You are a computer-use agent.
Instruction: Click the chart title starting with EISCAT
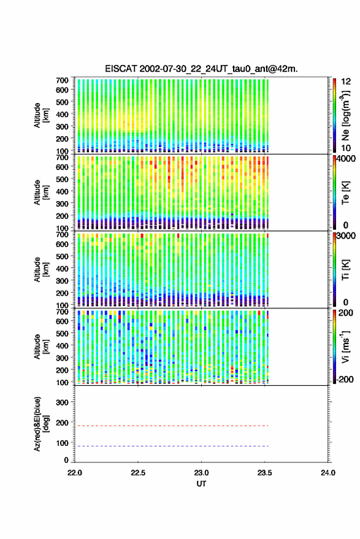[x=201, y=69]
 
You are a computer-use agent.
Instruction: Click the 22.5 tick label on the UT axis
[x=138, y=473]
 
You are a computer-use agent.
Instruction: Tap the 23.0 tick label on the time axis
[x=201, y=473]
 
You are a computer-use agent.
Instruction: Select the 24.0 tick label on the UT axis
[x=327, y=473]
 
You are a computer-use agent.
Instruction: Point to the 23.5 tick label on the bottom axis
[x=264, y=473]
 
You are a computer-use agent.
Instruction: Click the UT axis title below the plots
[x=201, y=484]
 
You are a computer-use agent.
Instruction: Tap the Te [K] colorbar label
[x=345, y=193]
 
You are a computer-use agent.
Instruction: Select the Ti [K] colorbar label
[x=345, y=270]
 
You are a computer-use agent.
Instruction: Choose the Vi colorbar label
[x=345, y=346]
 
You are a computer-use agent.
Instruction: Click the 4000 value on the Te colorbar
[x=347, y=159]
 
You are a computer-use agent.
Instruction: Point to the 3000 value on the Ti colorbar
[x=347, y=236]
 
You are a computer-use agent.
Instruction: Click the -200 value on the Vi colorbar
[x=345, y=379]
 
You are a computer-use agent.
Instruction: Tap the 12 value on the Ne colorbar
[x=347, y=82]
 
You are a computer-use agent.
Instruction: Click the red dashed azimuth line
[x=172, y=426]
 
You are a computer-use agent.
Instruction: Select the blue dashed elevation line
[x=172, y=446]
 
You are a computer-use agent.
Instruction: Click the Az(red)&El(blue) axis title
[x=41, y=424]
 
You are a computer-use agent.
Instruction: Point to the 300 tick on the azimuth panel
[x=62, y=402]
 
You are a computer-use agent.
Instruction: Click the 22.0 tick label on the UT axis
[x=75, y=473]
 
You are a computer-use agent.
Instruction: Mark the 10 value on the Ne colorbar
[x=347, y=148]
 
